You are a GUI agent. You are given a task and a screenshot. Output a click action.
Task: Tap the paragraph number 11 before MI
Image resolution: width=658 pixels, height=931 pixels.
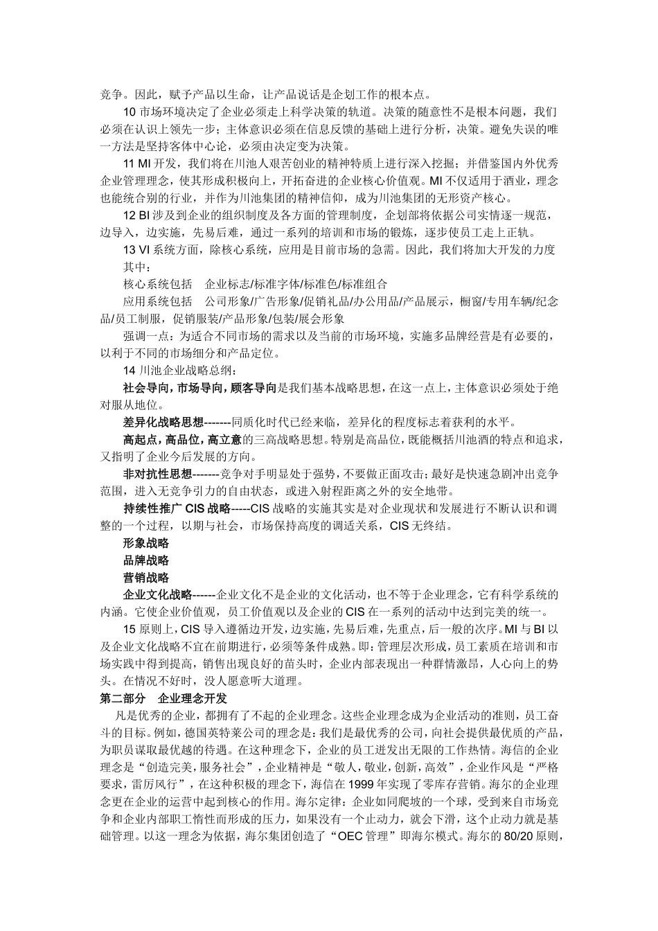tap(129, 163)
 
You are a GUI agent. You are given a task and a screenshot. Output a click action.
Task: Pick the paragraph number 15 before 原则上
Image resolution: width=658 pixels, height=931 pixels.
tap(130, 629)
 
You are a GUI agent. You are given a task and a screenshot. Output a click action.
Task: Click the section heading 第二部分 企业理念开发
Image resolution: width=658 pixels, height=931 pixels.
tap(163, 698)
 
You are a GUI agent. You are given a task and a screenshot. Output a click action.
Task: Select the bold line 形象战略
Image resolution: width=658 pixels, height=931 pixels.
tap(145, 543)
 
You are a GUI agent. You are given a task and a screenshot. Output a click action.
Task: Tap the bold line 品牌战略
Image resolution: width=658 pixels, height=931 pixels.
tap(145, 560)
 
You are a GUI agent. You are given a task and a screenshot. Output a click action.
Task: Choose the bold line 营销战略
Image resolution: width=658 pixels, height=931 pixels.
tap(145, 578)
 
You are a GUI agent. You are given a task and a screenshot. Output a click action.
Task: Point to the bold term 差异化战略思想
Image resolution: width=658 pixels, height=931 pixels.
tap(163, 422)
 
